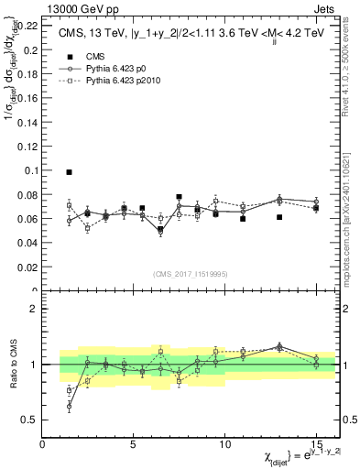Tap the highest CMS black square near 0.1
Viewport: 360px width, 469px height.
pos(69,172)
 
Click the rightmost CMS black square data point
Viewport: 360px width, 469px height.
pos(316,208)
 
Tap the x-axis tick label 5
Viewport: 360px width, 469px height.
pos(134,443)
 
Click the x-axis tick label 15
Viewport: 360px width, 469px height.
pos(315,443)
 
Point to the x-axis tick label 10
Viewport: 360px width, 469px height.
pos(224,443)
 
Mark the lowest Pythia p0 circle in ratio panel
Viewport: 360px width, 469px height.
pos(69,406)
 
